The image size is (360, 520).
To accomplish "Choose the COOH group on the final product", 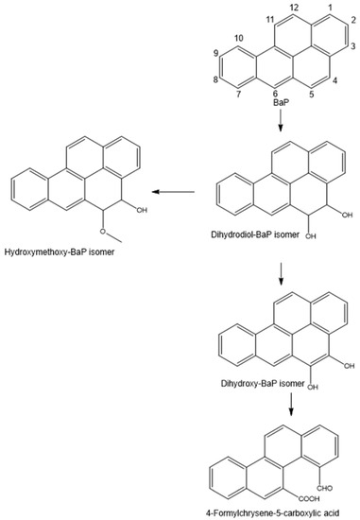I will (286, 493).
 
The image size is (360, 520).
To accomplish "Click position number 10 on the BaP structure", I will (236, 39).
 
